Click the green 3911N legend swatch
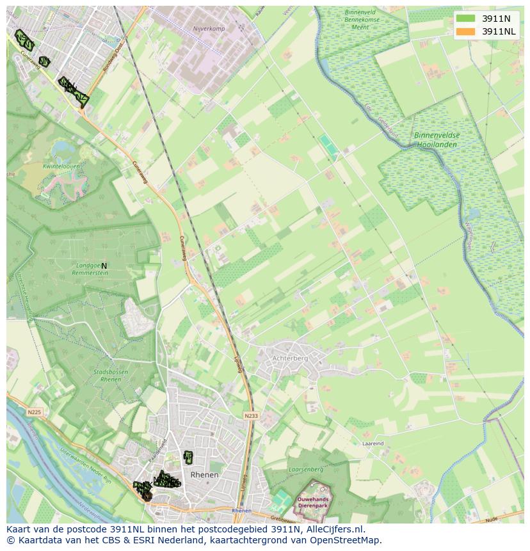coord(466,19)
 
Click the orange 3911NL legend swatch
coord(466,31)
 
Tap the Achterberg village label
coord(290,358)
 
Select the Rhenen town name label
coord(205,475)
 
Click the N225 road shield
coord(35,412)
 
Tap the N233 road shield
coord(251,416)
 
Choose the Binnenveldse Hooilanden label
coord(437,140)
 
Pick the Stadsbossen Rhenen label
coord(107,375)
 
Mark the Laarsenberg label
coord(307,470)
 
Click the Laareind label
coord(373,443)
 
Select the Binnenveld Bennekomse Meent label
coord(362,20)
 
